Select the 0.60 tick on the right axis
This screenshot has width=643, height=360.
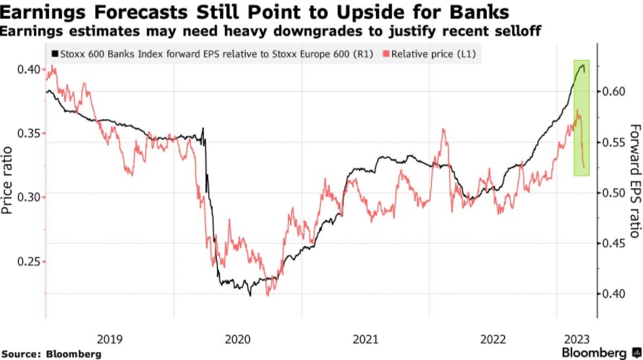click(x=616, y=92)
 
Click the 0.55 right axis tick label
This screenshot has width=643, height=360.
click(x=616, y=142)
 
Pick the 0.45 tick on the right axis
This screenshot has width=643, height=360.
click(x=616, y=243)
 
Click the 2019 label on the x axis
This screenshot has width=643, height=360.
click(x=109, y=337)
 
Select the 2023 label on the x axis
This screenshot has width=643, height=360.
click(x=576, y=337)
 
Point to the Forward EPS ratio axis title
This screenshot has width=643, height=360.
click(x=634, y=181)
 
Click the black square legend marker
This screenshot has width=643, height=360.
click(x=53, y=54)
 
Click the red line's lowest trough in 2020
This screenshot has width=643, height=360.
click(x=268, y=294)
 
